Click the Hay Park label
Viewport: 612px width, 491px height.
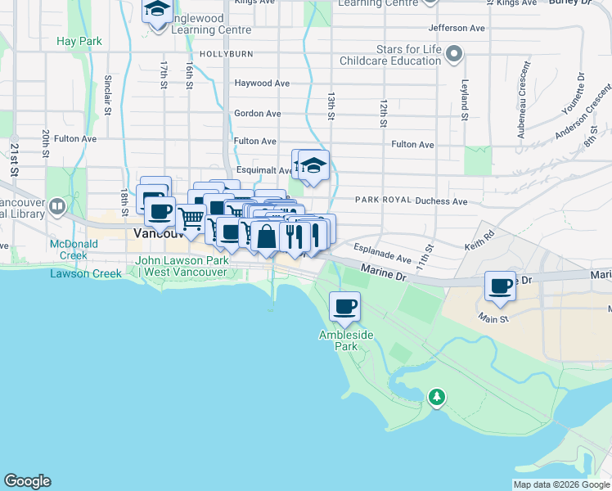click(79, 40)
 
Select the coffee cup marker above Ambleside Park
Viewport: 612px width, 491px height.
click(345, 307)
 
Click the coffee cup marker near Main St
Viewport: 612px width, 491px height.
click(500, 286)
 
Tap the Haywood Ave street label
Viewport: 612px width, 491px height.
click(262, 83)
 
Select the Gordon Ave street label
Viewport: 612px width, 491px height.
click(257, 114)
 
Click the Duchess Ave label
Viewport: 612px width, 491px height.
click(441, 200)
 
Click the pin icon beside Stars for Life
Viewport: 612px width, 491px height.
click(456, 56)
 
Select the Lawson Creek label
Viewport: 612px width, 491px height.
click(79, 273)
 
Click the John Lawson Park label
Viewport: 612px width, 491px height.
click(182, 266)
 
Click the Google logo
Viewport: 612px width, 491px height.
click(27, 481)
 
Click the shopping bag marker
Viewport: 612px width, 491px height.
click(267, 236)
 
